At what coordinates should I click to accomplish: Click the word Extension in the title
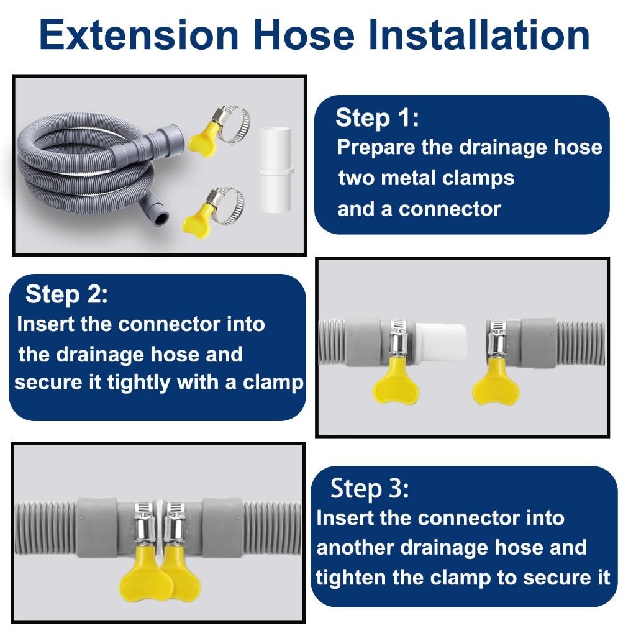coord(139,35)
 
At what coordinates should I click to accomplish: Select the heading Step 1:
coord(377,118)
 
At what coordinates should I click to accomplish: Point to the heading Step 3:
coord(370,488)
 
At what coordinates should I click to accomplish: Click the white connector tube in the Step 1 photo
coord(275,170)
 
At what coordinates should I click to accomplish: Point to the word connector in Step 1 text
coord(450,209)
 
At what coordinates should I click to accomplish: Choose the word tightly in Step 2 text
coord(139,383)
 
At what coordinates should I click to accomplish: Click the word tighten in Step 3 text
coord(350,578)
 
